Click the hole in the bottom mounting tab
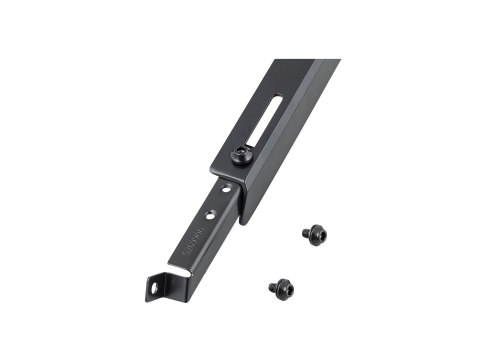point(157,289)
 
